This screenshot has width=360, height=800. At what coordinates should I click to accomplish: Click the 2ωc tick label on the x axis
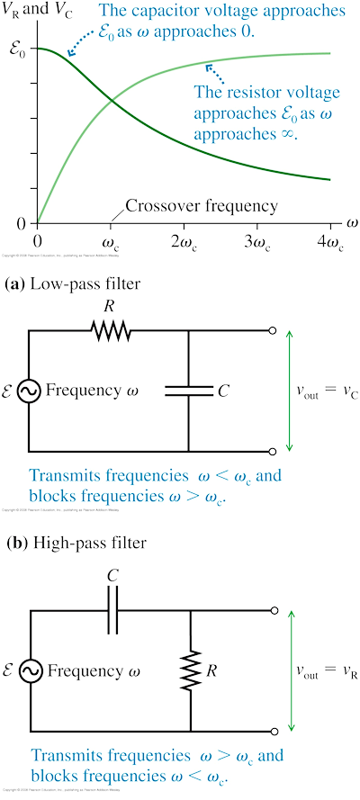point(184,244)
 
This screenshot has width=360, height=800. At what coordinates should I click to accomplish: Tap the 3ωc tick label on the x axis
point(257,244)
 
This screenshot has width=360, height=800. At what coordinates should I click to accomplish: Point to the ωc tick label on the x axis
point(112,244)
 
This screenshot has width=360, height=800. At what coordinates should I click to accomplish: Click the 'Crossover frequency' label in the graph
point(202,206)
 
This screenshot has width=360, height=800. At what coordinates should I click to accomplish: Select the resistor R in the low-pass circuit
point(111,331)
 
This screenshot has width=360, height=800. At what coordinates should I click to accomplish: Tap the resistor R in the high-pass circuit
point(192,670)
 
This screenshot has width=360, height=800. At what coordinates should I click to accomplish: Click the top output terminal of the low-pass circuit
point(273,331)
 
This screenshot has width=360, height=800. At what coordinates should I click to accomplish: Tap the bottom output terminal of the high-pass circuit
point(273,731)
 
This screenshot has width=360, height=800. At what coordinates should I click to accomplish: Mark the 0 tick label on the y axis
point(22,223)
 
